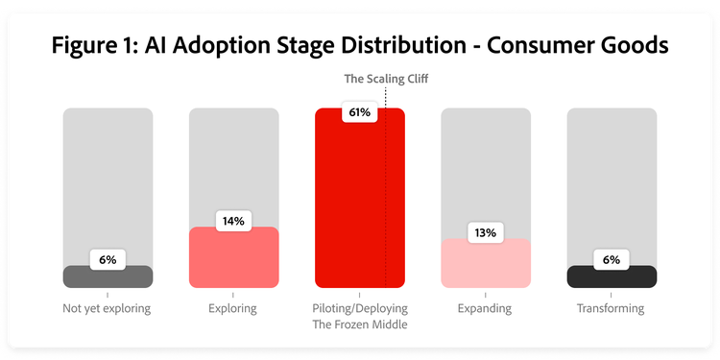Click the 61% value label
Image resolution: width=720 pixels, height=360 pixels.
coord(360,112)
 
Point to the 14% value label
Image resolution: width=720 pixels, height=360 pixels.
coord(233,222)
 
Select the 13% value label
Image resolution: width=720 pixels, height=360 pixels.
coord(486,233)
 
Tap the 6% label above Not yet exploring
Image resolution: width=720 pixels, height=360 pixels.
coord(108,260)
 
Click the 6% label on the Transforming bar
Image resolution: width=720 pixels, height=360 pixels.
coord(612,260)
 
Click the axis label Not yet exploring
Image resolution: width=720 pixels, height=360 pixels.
coord(107,308)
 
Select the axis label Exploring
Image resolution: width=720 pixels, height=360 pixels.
coord(233,308)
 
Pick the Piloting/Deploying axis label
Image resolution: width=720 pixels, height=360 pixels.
coord(360,308)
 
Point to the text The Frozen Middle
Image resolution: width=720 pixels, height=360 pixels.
coord(360,324)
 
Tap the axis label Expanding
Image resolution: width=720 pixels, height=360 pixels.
coord(485,308)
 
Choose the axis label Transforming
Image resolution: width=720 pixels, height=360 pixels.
coord(611,308)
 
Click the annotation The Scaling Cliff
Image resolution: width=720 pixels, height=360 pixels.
coord(386,79)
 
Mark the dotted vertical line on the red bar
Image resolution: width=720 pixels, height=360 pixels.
coord(386,187)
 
